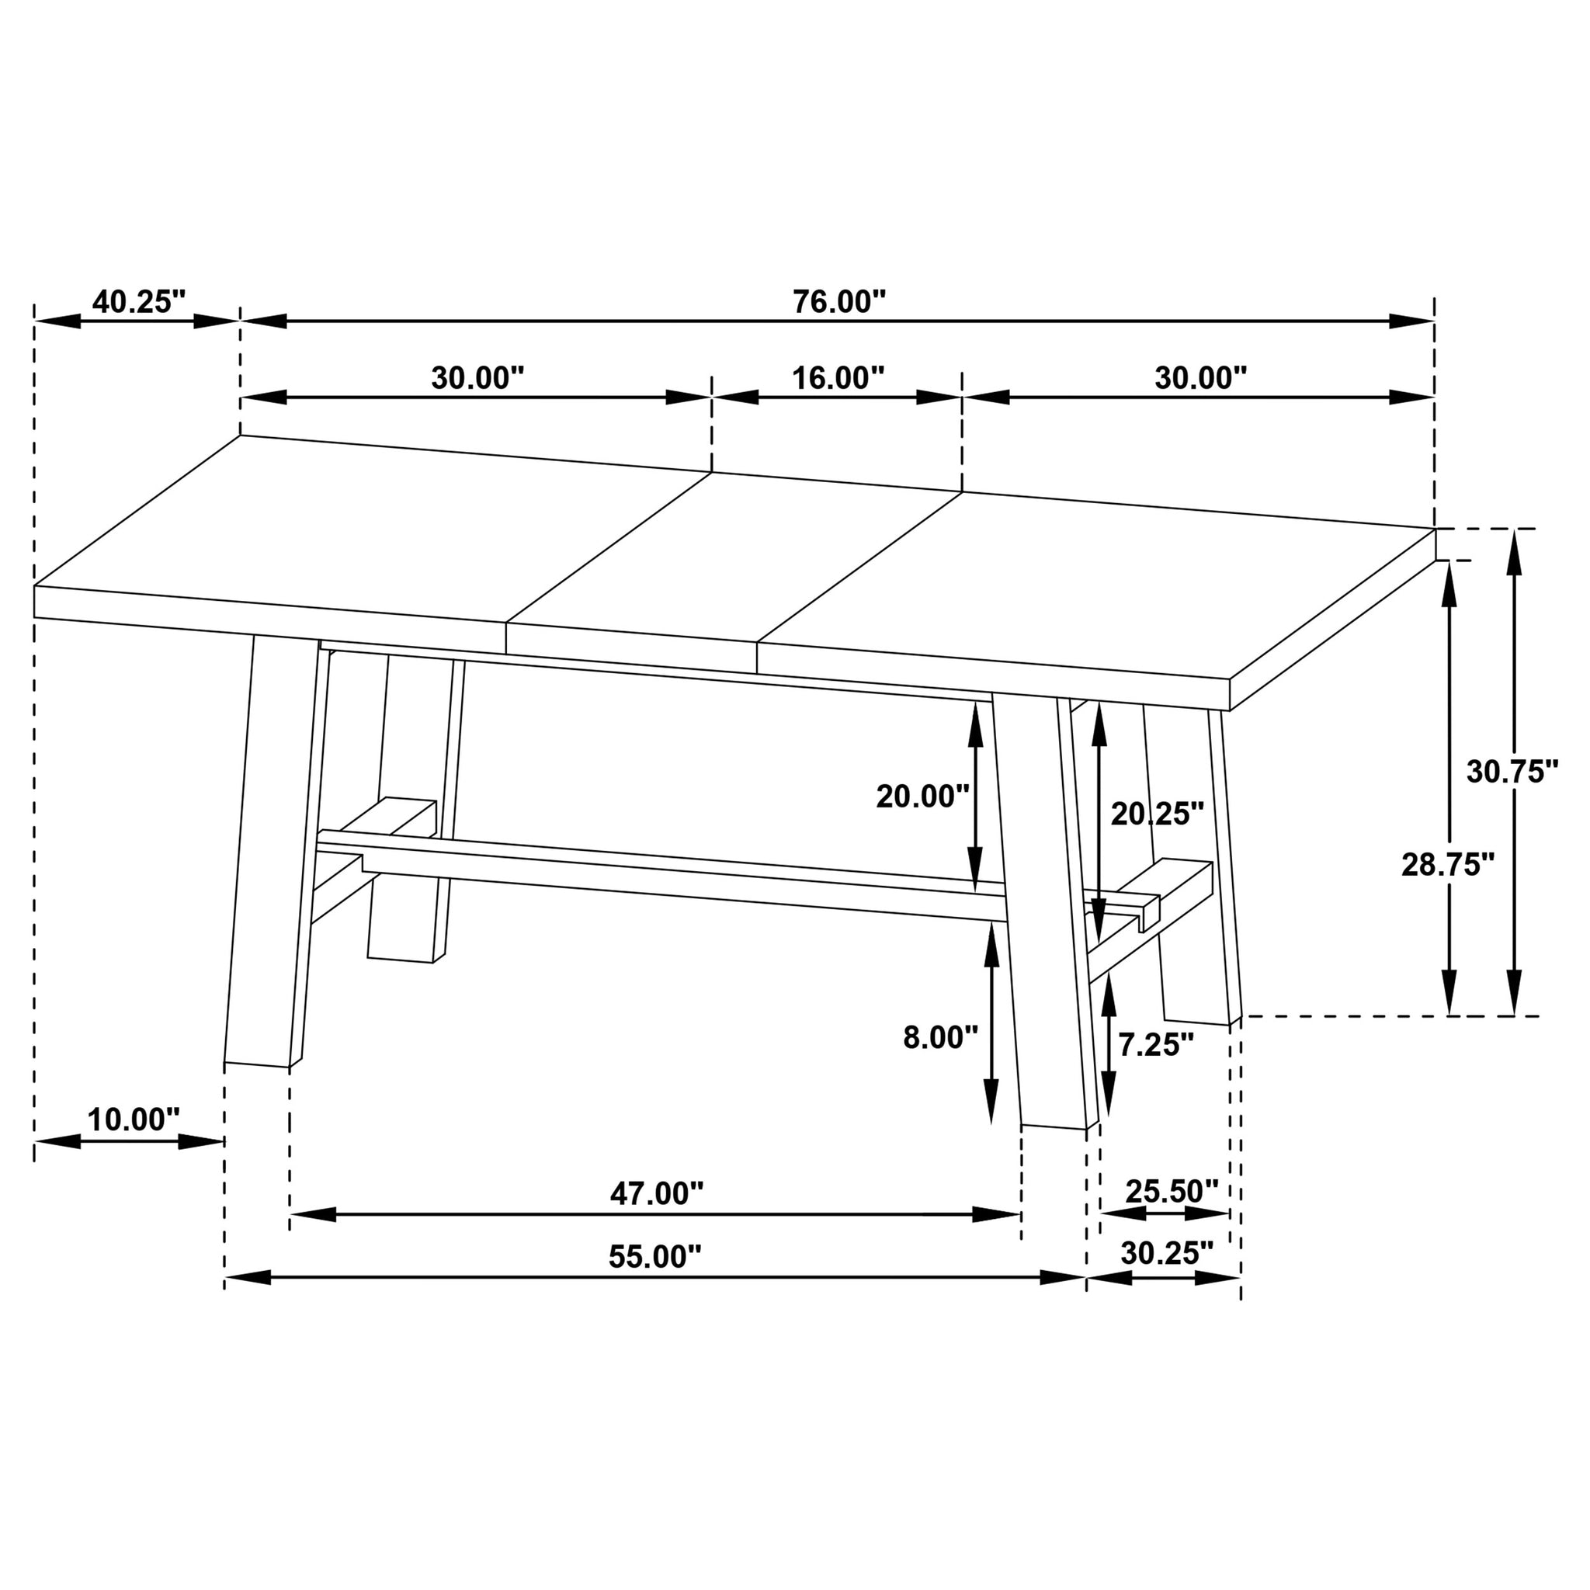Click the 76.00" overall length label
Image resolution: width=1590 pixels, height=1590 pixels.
click(x=838, y=302)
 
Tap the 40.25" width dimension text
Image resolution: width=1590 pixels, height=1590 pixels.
click(x=139, y=302)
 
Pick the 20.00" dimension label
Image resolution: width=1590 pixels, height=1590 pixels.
click(x=922, y=796)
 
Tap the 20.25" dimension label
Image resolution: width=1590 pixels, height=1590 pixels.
click(x=1157, y=814)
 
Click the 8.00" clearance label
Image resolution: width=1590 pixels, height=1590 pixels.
click(x=940, y=1038)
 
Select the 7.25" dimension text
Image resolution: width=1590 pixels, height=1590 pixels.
click(x=1155, y=1045)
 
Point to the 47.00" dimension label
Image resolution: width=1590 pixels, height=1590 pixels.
click(x=656, y=1193)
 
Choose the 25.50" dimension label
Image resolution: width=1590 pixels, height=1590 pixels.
click(x=1171, y=1191)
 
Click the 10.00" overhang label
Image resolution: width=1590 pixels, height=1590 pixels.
click(x=133, y=1120)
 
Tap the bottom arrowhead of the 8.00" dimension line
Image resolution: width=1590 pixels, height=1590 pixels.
click(x=991, y=1112)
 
